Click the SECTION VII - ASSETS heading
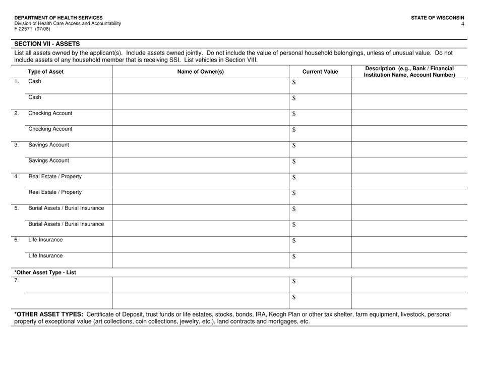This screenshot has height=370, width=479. (46, 44)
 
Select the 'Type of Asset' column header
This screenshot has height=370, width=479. (45, 71)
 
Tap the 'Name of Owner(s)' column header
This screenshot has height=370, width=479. (200, 71)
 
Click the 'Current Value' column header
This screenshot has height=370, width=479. (320, 71)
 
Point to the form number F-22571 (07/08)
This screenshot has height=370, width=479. (32, 29)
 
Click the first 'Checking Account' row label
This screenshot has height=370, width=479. (50, 113)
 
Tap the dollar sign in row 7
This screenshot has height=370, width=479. (294, 281)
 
